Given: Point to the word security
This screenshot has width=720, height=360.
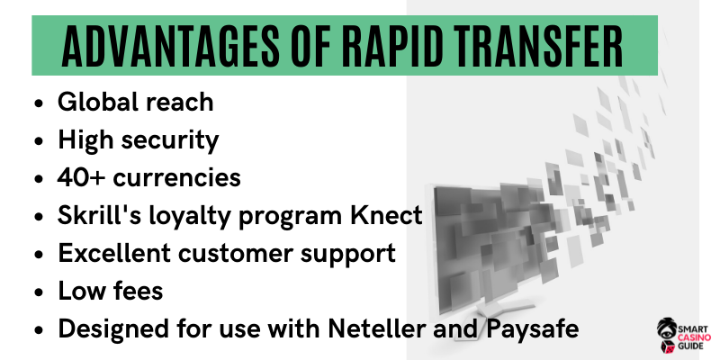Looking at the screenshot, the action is pos(169,141).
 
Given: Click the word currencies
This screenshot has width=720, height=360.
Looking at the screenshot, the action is pos(176,177).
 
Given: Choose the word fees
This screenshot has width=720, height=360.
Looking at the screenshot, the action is pos(139,291).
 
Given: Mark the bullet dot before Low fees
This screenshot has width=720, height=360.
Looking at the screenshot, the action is pos(39,292).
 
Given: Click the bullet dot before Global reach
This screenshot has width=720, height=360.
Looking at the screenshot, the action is pos(39,103).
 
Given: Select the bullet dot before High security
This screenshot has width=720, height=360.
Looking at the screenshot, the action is pos(39,141).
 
